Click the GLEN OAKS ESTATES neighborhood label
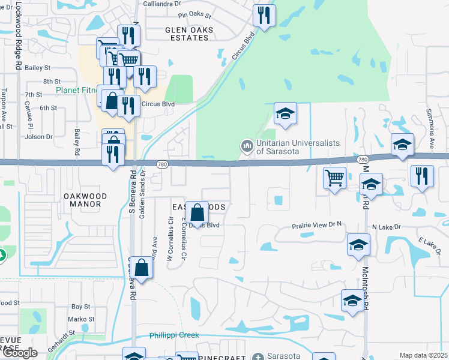click(x=187, y=34)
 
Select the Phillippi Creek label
click(x=174, y=335)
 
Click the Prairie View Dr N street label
click(x=316, y=226)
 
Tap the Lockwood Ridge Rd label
click(x=19, y=36)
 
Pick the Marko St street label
click(x=81, y=319)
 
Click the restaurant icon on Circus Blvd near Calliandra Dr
click(x=264, y=16)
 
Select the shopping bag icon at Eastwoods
click(x=197, y=212)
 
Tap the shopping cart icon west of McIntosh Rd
click(x=334, y=177)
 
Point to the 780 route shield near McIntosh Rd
click(x=362, y=160)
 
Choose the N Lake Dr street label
click(x=386, y=227)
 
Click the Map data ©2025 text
click(x=423, y=355)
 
